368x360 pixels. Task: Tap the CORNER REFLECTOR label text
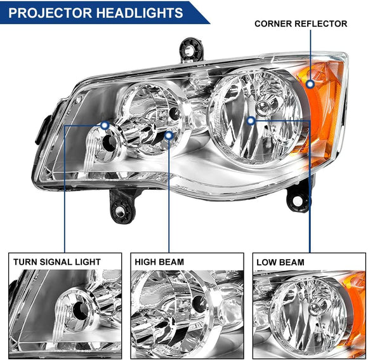301,24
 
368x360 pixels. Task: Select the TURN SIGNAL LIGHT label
58,262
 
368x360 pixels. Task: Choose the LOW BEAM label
280,262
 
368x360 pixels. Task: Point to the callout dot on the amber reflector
310,83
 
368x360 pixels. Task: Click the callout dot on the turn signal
104,126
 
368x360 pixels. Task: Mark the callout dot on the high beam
169,135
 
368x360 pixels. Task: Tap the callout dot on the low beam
251,120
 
